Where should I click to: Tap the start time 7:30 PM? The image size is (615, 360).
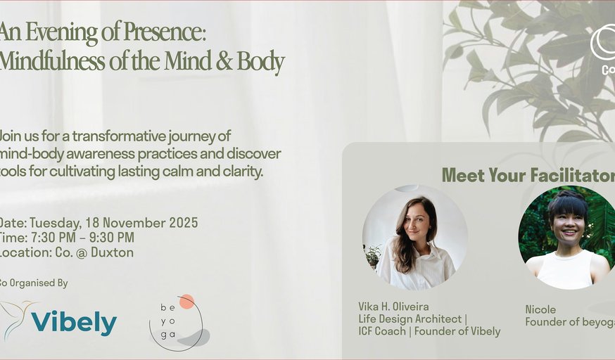[56, 238]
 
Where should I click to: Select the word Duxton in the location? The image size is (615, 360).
[112, 252]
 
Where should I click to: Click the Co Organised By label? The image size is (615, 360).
[34, 283]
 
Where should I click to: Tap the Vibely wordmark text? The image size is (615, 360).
[74, 323]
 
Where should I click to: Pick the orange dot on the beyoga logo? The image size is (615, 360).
[186, 302]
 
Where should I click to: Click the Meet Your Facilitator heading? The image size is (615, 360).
[528, 175]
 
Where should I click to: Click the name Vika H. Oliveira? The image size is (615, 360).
[393, 307]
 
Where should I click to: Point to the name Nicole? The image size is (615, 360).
[540, 309]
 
